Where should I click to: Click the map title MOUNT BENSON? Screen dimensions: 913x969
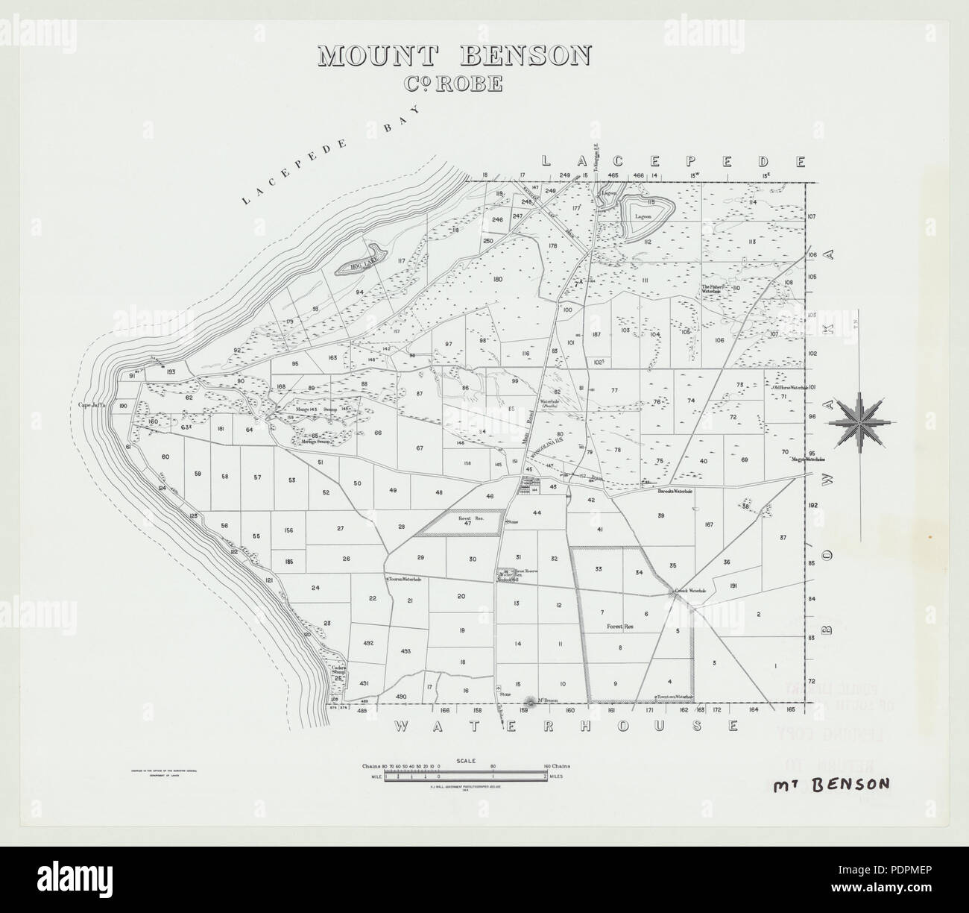pos(454,57)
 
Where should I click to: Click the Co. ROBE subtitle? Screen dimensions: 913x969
pos(454,83)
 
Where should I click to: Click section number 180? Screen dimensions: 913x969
pos(499,278)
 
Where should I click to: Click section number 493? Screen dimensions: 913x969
pos(405,651)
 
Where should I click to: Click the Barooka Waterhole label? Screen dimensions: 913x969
pos(675,492)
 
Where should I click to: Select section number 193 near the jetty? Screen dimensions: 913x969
pos(170,371)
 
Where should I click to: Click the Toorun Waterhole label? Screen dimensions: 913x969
pos(403,579)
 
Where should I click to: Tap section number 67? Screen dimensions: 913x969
pos(420,448)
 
